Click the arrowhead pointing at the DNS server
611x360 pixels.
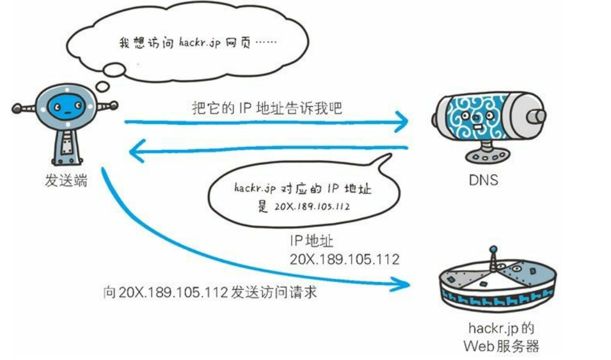point(402,123)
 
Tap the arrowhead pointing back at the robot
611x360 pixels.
point(136,153)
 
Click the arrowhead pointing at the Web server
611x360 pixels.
point(403,284)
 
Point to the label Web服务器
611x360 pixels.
point(501,345)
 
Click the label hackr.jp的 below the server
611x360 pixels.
point(501,327)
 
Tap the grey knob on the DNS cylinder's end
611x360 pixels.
point(535,116)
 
